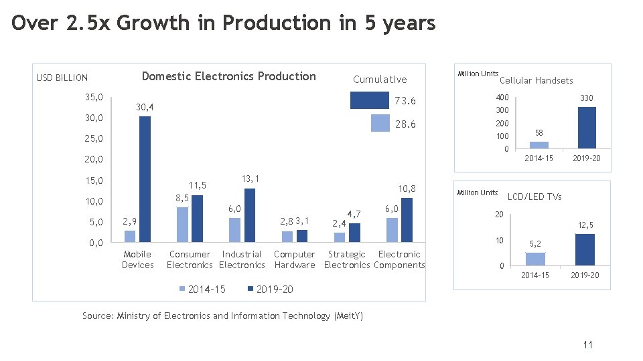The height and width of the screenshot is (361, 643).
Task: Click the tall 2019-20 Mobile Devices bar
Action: point(145,178)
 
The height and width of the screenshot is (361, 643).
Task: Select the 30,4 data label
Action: point(144,107)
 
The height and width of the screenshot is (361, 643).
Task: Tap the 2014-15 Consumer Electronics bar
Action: point(182,224)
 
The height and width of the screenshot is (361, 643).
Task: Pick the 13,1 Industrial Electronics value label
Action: point(250,178)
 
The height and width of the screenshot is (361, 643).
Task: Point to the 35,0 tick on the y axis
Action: point(94,98)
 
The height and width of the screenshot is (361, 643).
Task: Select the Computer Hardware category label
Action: point(294,259)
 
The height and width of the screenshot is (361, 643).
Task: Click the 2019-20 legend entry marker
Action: point(251,289)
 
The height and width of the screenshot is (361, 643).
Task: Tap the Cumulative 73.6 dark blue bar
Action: point(370,100)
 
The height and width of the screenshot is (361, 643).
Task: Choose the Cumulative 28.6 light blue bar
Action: point(380,124)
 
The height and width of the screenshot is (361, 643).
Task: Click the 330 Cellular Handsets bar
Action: point(586,127)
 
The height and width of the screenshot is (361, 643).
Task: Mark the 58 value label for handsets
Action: point(539,133)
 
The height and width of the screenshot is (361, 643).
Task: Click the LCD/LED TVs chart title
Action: point(534,197)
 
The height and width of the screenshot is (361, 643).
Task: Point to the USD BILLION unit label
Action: point(62,78)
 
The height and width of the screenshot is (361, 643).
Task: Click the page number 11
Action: point(587,345)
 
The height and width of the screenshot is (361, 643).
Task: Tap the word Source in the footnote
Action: point(97,316)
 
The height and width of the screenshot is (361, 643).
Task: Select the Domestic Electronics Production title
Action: point(228,76)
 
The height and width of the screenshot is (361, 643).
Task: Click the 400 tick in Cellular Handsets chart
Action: point(502,98)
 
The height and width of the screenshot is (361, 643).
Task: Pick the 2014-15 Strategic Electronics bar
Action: point(340,237)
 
